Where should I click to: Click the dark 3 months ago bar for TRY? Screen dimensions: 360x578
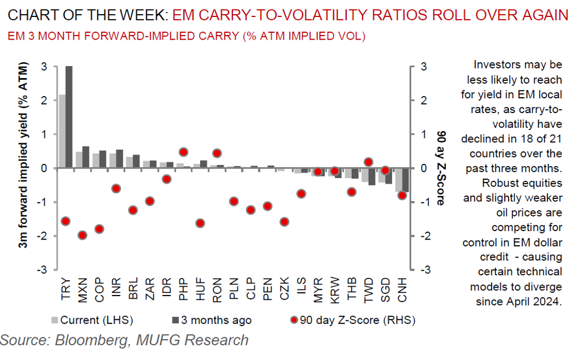(x=69, y=117)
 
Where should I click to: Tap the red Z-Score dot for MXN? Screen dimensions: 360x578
(x=82, y=235)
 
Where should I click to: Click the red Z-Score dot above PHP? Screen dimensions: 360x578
(x=183, y=152)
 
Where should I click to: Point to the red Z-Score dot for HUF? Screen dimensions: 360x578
(x=200, y=223)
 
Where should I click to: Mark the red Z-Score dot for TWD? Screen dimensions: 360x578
(x=368, y=162)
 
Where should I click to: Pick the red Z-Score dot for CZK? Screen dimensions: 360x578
(x=284, y=222)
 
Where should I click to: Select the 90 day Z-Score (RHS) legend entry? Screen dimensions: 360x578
(x=353, y=320)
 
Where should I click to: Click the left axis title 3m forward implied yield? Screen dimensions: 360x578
(x=25, y=168)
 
